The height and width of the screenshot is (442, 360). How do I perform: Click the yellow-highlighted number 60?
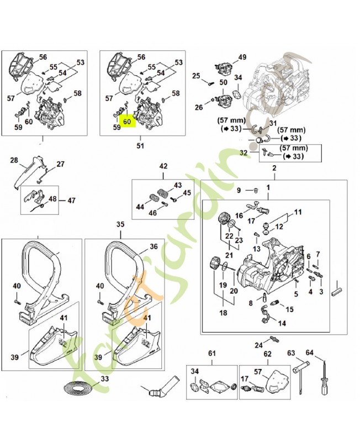click(128, 121)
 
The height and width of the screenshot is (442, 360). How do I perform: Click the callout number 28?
click(15, 160)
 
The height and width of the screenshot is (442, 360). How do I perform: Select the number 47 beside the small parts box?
click(71, 200)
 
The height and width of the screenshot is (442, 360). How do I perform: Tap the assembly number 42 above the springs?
click(163, 166)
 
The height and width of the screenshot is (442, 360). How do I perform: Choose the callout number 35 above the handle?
click(120, 224)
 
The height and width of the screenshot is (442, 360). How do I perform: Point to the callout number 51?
click(140, 146)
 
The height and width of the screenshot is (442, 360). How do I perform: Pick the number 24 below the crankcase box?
click(258, 345)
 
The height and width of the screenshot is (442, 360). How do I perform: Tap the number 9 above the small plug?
click(239, 191)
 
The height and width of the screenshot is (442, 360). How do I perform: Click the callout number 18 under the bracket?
click(224, 313)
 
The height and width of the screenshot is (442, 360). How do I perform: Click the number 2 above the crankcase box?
click(274, 167)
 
